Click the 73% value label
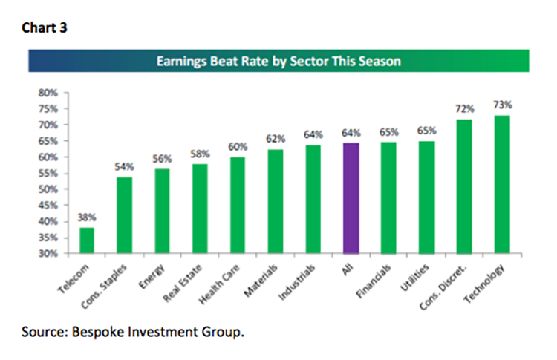(x=503, y=105)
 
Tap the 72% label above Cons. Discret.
(x=464, y=109)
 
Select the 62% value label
(x=276, y=139)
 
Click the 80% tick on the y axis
(x=48, y=93)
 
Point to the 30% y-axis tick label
(x=48, y=253)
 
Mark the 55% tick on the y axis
(x=48, y=173)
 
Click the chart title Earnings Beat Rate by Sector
(x=278, y=61)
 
